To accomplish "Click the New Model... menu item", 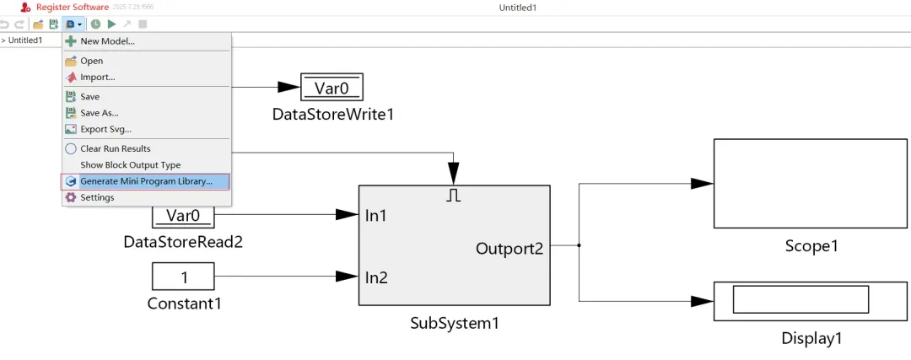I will [107, 41].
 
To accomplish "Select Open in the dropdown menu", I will [91, 61].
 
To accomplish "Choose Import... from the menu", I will [97, 78].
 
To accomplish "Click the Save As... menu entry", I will [99, 113].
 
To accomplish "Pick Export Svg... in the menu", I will [105, 129].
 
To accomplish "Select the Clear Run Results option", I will [115, 148].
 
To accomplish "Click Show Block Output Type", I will [130, 165].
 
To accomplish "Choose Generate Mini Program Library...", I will [146, 181].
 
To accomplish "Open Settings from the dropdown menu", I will [97, 197].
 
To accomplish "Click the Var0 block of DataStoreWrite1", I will [332, 87].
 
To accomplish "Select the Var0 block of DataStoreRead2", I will [183, 216].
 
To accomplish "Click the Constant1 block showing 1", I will [183, 276].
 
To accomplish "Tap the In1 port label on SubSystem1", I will [376, 216].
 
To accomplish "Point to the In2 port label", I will [376, 277].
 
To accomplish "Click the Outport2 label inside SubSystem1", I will [509, 249].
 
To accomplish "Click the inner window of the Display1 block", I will [800, 299].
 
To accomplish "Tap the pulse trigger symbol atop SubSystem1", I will [453, 196].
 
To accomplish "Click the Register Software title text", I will [73, 7].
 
